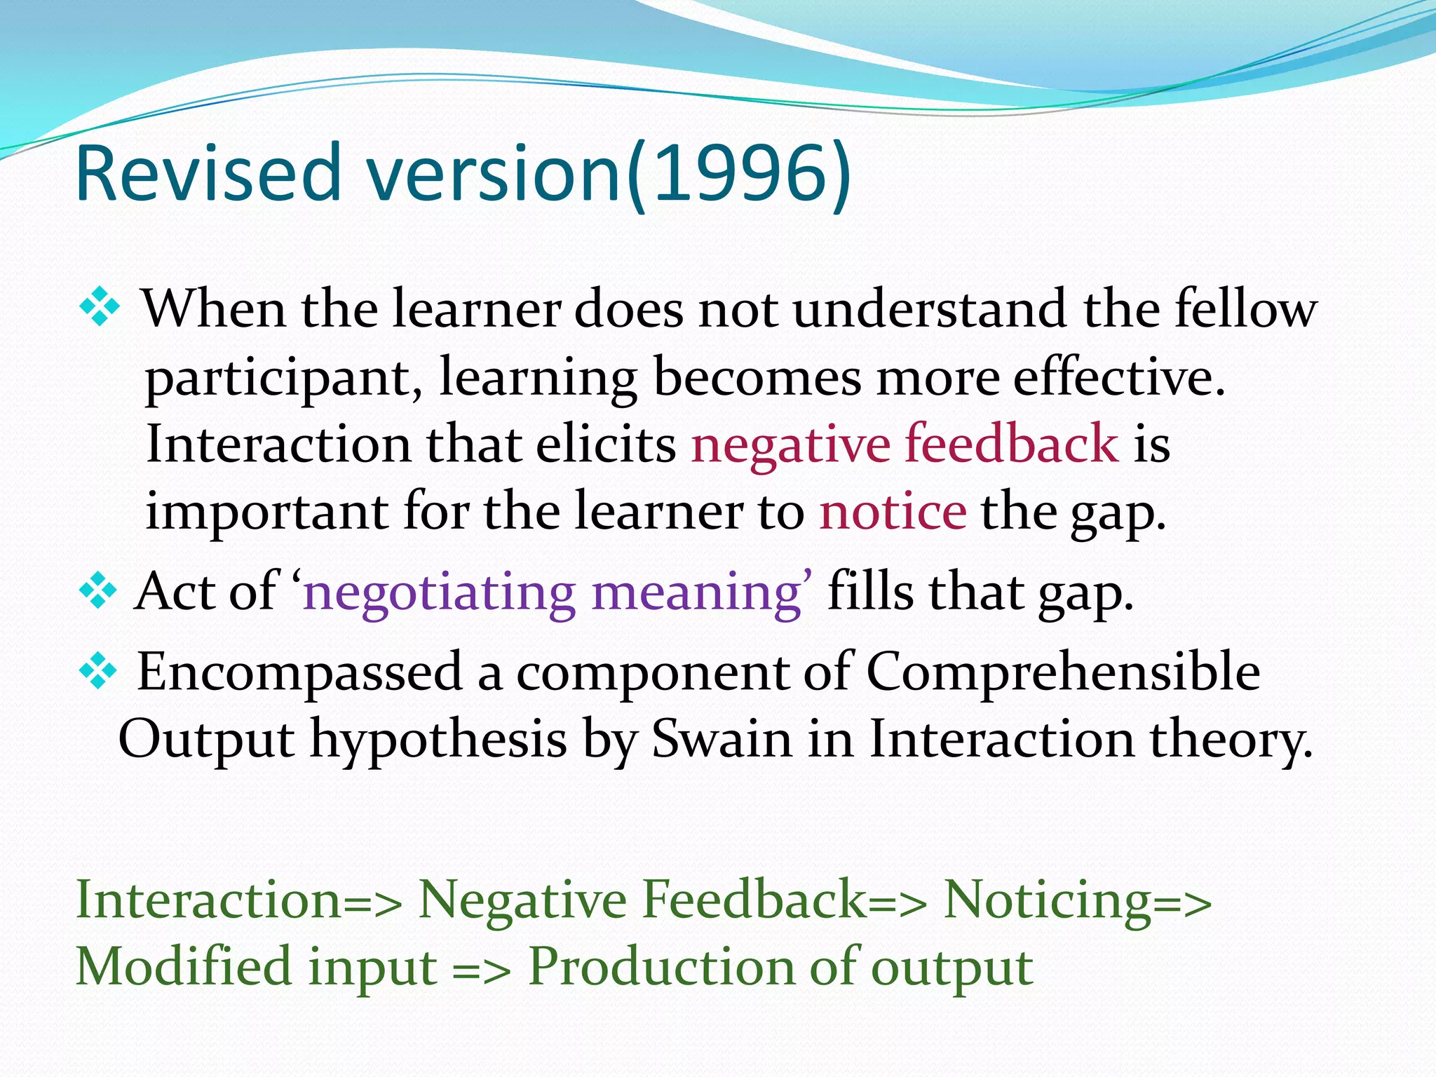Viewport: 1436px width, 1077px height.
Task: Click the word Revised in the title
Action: click(207, 173)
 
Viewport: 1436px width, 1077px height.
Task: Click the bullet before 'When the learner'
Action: click(100, 307)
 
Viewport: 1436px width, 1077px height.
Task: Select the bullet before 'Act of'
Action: click(97, 591)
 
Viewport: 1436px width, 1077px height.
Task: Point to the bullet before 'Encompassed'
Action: click(97, 671)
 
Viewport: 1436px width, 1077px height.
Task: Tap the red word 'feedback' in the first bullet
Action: click(1012, 444)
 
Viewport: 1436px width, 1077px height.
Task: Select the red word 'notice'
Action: click(893, 511)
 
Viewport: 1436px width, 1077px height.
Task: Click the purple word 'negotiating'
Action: click(439, 593)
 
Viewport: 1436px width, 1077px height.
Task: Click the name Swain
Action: click(722, 739)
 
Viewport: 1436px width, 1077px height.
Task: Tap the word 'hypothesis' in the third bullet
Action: click(438, 740)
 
